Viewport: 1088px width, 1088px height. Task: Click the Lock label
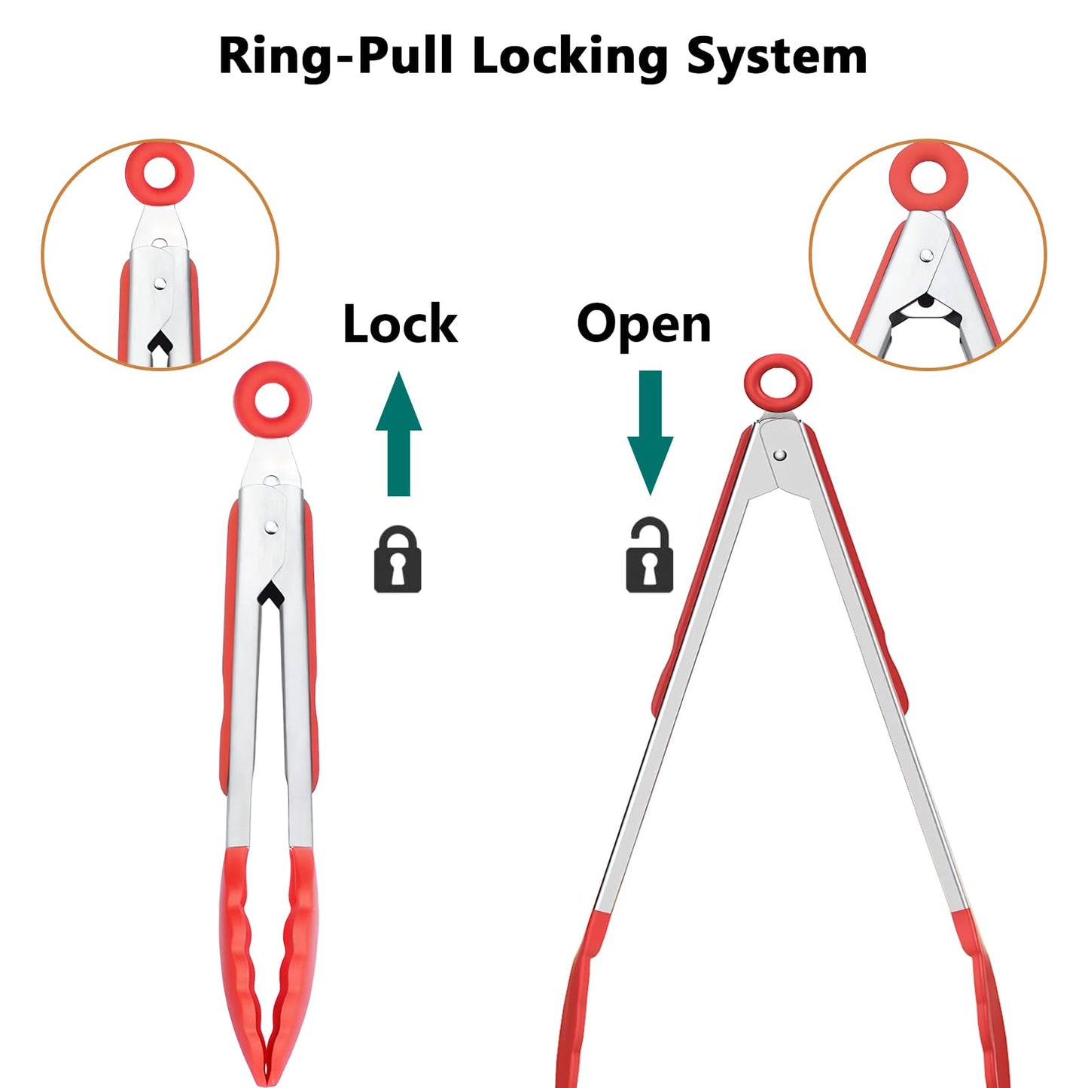401,324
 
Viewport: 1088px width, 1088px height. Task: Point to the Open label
644,326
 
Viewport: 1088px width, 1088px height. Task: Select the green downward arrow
650,433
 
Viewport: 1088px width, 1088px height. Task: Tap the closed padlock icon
398,559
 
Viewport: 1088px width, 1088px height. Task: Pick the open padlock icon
650,554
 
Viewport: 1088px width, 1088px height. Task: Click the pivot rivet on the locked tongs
272,526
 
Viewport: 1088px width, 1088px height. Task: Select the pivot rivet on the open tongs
780,453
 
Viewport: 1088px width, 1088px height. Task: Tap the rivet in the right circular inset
926,256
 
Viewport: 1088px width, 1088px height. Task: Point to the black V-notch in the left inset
160,340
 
